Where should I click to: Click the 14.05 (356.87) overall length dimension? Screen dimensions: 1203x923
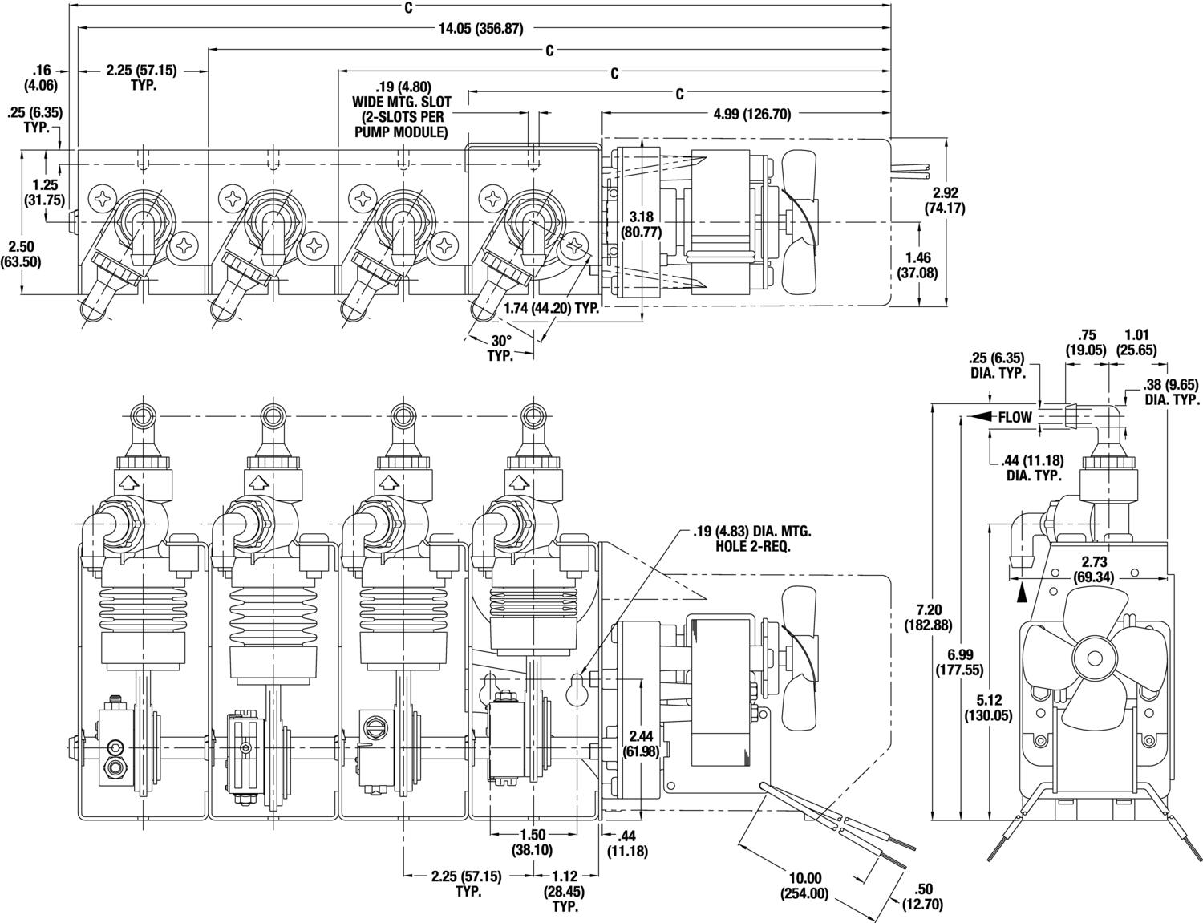tap(480, 28)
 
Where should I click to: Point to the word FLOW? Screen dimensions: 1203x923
tap(1015, 417)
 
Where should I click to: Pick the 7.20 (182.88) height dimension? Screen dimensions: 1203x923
tap(929, 617)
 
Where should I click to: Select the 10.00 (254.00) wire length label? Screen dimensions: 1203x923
tap(804, 886)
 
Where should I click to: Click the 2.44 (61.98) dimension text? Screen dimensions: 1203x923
tap(641, 743)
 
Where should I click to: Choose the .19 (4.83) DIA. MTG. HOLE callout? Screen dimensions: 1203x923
tap(751, 539)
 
